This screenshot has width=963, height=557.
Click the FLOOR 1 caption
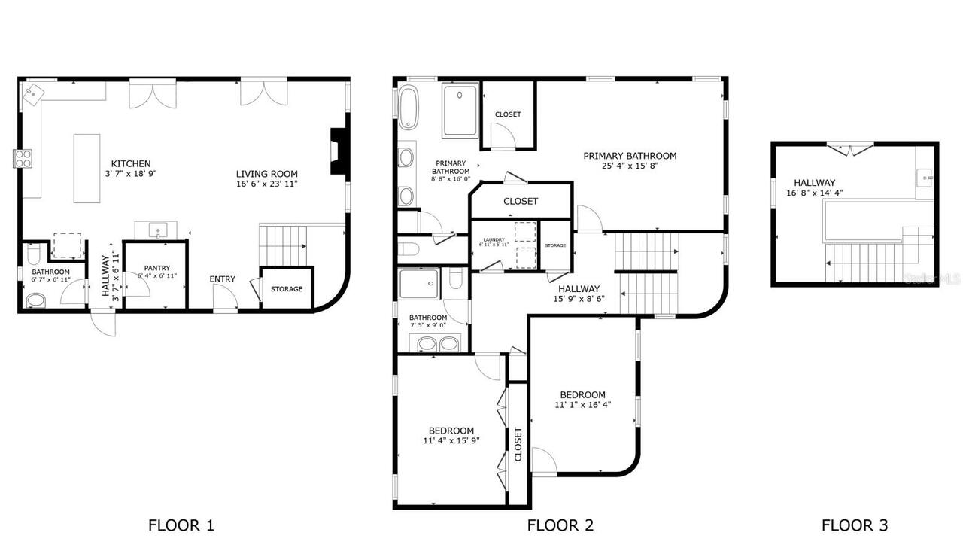tap(181, 525)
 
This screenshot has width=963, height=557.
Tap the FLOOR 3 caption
tap(854, 525)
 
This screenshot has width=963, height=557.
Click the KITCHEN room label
tap(131, 163)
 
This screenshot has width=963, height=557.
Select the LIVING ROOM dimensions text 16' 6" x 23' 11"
tap(267, 183)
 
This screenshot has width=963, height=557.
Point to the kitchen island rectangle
tap(87, 168)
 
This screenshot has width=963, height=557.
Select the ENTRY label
tap(222, 279)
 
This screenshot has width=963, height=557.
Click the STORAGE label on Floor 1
tap(287, 289)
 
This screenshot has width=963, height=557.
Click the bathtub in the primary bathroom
tap(409, 108)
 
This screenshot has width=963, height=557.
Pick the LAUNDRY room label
tap(494, 239)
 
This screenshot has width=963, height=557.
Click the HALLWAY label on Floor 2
tap(579, 288)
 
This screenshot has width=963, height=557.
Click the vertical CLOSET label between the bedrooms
tap(518, 444)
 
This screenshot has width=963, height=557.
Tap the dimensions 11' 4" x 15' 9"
tap(452, 441)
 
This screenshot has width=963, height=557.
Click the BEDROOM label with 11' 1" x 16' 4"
tap(582, 394)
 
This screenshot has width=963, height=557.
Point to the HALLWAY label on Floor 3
tap(814, 182)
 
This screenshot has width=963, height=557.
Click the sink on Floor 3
tap(925, 178)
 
